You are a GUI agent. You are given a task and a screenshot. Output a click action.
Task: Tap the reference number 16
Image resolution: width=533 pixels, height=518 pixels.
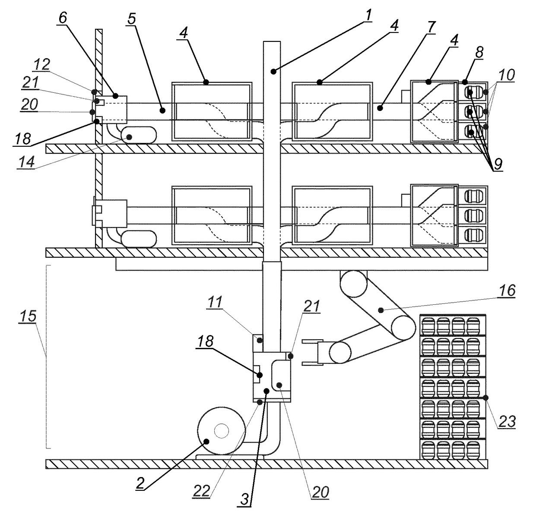pos(508,291)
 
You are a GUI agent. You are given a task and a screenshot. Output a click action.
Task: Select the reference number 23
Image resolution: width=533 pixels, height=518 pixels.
pos(507,421)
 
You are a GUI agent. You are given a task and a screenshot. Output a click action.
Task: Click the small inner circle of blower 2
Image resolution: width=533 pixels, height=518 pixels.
pos(221,430)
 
